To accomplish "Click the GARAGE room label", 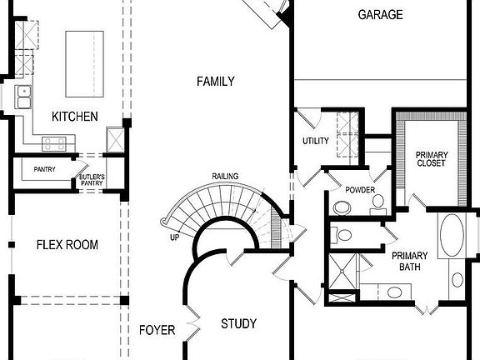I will point(380,14).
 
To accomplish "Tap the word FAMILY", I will point(215,82).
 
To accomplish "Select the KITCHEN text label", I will point(75,116).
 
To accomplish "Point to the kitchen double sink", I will point(24,97).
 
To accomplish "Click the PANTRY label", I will point(44,169).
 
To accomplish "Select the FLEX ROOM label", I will point(67,245).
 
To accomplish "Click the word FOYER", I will point(157,330).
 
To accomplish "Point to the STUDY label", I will point(238,323).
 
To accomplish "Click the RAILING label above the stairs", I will point(225,176).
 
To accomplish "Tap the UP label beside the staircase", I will point(174,237).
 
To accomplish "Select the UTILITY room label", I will point(316,142).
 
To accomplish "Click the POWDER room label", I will point(360,190).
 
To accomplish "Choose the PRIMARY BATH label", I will point(410,262).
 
